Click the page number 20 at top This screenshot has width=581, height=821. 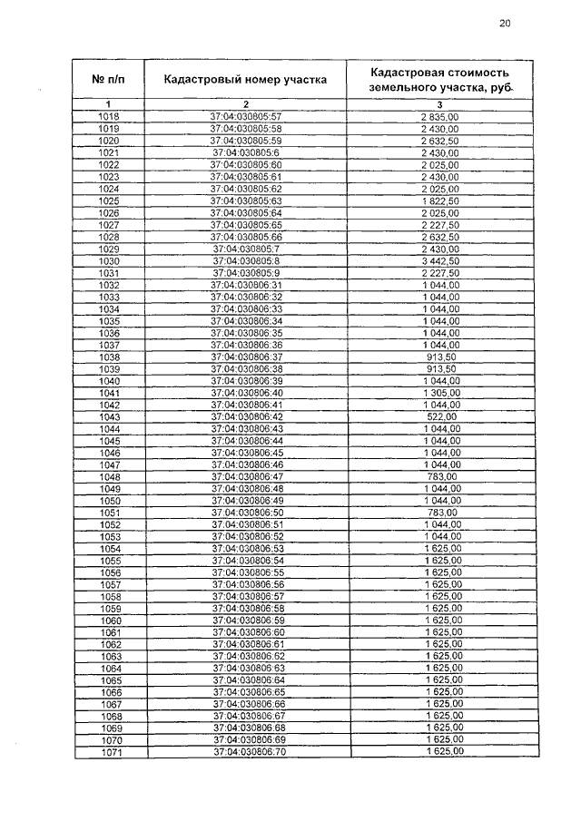[505, 24]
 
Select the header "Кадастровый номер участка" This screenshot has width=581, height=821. [245, 79]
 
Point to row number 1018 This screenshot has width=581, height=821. [108, 117]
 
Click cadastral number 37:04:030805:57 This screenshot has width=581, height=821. [247, 117]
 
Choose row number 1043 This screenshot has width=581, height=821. [109, 416]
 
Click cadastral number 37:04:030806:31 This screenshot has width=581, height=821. [247, 285]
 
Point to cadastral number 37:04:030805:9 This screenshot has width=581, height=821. [247, 272]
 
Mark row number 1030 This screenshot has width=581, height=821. [109, 260]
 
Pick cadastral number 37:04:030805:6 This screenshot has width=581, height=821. [247, 153]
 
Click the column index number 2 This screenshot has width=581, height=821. [245, 104]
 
